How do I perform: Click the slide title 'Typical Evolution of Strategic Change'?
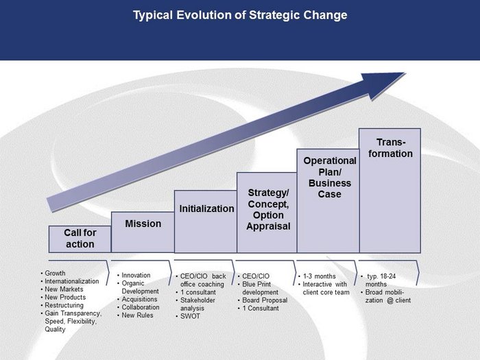[x=240, y=15]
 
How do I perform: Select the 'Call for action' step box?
[x=80, y=239]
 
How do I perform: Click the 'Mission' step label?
[x=143, y=224]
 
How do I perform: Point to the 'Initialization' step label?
[x=206, y=208]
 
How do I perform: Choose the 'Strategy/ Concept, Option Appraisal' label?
[x=268, y=209]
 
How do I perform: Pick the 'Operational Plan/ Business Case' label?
[x=330, y=178]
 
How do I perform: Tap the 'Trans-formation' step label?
[x=390, y=148]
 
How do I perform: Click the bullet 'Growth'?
[x=55, y=273]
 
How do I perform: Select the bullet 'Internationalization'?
[x=71, y=281]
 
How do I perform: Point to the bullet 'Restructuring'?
[x=64, y=305]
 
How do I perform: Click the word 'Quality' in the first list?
[x=55, y=329]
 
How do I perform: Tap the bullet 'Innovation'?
[x=136, y=275]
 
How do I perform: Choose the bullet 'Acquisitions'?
[x=139, y=299]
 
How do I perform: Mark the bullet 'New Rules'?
[x=137, y=315]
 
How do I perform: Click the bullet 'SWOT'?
[x=190, y=316]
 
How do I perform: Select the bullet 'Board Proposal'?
[x=265, y=300]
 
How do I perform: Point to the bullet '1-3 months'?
[x=320, y=276]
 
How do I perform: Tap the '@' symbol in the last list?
[x=390, y=300]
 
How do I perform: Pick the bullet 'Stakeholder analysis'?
[x=197, y=304]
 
